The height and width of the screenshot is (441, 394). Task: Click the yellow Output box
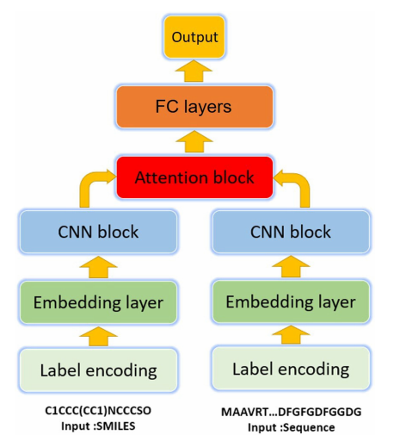(x=195, y=38)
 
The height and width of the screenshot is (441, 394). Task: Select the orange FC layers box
(x=195, y=109)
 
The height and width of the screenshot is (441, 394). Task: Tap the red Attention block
(x=195, y=177)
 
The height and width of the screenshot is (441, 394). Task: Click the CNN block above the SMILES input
(x=98, y=232)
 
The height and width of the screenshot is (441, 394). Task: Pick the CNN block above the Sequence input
(x=291, y=232)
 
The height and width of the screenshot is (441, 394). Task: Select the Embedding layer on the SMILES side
(x=98, y=302)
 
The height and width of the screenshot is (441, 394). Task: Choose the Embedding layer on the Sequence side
(x=291, y=302)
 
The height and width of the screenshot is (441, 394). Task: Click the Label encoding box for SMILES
(x=98, y=371)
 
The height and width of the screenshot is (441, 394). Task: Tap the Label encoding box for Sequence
(x=291, y=370)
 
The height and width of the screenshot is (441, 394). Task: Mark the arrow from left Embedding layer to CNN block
(x=98, y=267)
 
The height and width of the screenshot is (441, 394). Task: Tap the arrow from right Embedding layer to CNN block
(x=291, y=267)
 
